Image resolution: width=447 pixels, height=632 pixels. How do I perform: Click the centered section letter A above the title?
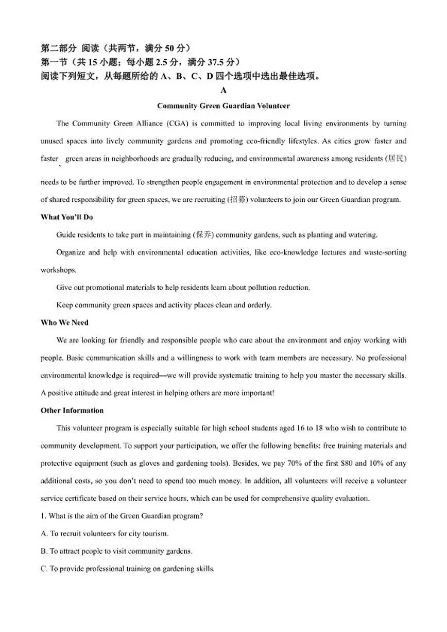pos(223,91)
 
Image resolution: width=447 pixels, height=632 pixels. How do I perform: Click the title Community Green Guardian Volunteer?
pos(223,106)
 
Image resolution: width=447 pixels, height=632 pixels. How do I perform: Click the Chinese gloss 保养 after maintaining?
pos(203,235)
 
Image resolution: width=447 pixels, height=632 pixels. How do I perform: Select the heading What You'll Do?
pos(66,217)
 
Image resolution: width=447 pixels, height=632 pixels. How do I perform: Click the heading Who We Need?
pos(64,323)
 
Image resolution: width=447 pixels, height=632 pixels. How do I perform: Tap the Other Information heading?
pos(72,411)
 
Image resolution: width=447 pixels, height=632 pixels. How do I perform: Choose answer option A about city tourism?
pos(105,534)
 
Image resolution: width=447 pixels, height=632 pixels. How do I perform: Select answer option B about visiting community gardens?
pos(116,552)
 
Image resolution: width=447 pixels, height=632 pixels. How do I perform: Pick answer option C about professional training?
pos(127,569)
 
